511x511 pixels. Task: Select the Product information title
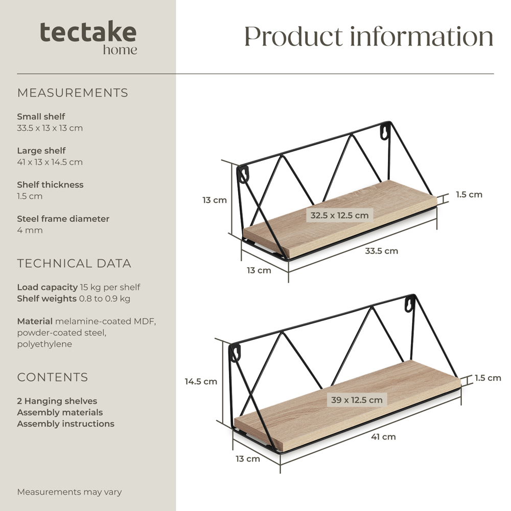368,36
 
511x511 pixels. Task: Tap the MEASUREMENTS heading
73,93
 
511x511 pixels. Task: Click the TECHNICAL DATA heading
74,263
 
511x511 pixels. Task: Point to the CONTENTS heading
53,377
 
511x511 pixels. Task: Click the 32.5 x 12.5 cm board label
340,215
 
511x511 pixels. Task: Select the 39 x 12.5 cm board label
357,400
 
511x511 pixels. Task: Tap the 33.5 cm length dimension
381,251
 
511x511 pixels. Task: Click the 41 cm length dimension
383,437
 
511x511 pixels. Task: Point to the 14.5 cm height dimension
201,381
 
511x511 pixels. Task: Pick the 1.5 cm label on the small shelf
469,195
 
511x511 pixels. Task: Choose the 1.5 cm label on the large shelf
487,378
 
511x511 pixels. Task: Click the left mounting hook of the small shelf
243,174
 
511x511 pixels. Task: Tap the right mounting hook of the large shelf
410,304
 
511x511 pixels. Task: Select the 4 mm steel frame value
30,230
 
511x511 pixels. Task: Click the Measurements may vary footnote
69,492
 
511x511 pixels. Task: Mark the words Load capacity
47,287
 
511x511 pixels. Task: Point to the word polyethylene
44,344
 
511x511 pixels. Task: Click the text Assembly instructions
66,424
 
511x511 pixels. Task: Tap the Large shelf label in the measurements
41,151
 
